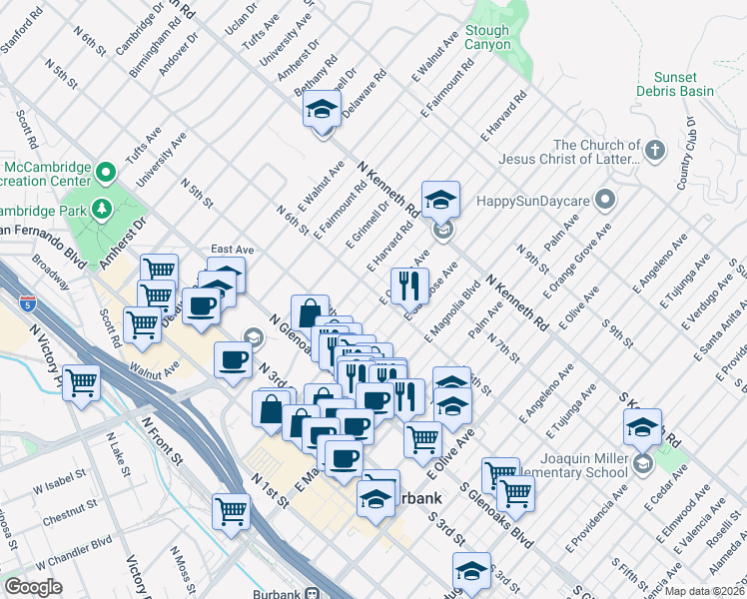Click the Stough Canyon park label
487,38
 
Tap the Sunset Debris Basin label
683,84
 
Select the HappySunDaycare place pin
604,201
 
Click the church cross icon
654,152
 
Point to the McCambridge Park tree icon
102,209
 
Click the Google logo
33,587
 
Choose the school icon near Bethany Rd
322,109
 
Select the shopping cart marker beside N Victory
81,381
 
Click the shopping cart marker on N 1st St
232,511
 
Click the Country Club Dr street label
686,154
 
